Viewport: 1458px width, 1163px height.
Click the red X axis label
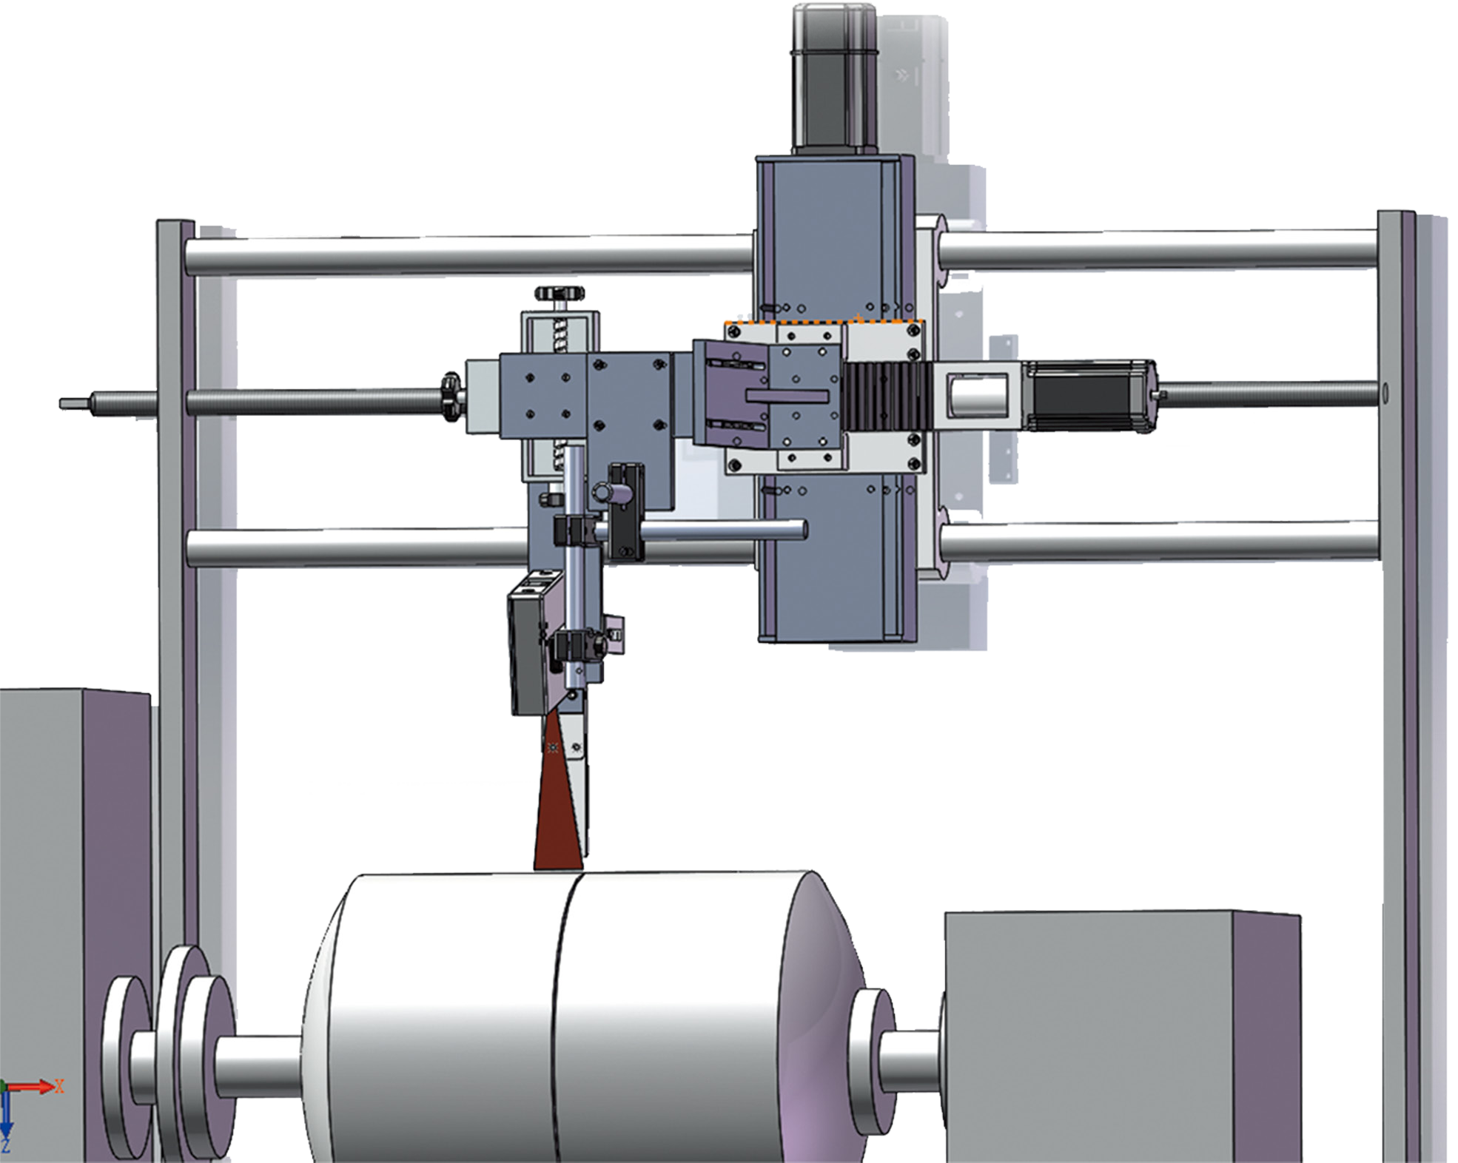pyautogui.click(x=60, y=1086)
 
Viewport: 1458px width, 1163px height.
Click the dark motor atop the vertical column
pyautogui.click(x=835, y=78)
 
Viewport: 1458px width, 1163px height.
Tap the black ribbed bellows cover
pyautogui.click(x=883, y=397)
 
